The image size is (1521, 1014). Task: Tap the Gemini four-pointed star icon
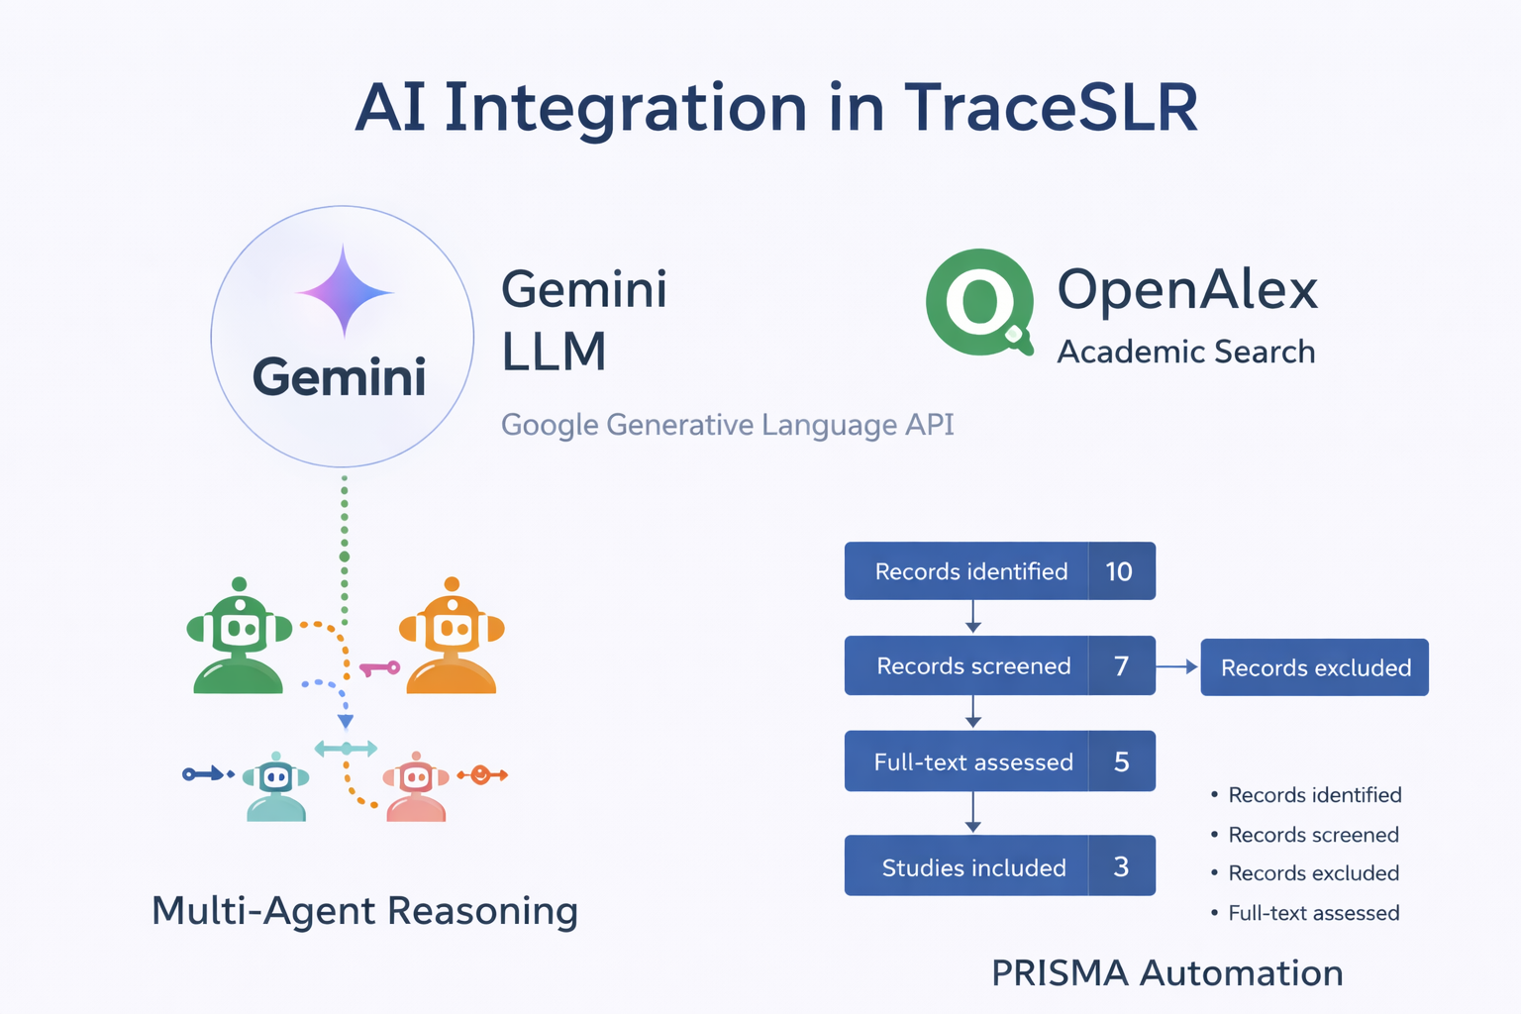tap(345, 291)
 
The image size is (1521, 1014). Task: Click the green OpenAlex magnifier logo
tap(979, 302)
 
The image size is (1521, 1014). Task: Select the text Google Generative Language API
tap(727, 425)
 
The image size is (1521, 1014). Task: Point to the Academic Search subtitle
tap(1186, 352)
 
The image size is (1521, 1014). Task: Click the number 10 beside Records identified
tap(1119, 571)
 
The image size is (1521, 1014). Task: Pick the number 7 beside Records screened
tap(1122, 665)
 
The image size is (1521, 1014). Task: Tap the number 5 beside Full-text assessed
tap(1122, 761)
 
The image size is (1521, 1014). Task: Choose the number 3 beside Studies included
tap(1122, 865)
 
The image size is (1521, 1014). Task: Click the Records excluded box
tap(1315, 667)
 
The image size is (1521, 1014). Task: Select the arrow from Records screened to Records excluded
tap(1176, 667)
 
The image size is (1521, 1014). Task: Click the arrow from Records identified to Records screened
tap(973, 617)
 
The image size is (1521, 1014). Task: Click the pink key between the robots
tap(379, 669)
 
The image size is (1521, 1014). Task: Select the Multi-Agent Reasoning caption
tap(364, 911)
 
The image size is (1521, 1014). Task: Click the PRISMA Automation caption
tap(1167, 972)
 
